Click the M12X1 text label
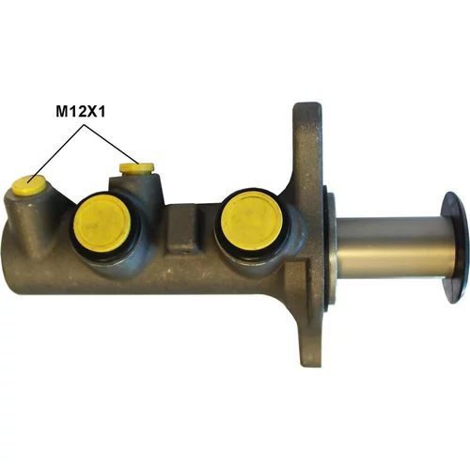[x=80, y=111]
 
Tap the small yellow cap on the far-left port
[x=29, y=185]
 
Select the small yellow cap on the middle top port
[x=136, y=169]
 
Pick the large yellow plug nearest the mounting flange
[x=252, y=221]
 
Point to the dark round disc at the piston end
[x=455, y=247]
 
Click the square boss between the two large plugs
[x=182, y=227]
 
